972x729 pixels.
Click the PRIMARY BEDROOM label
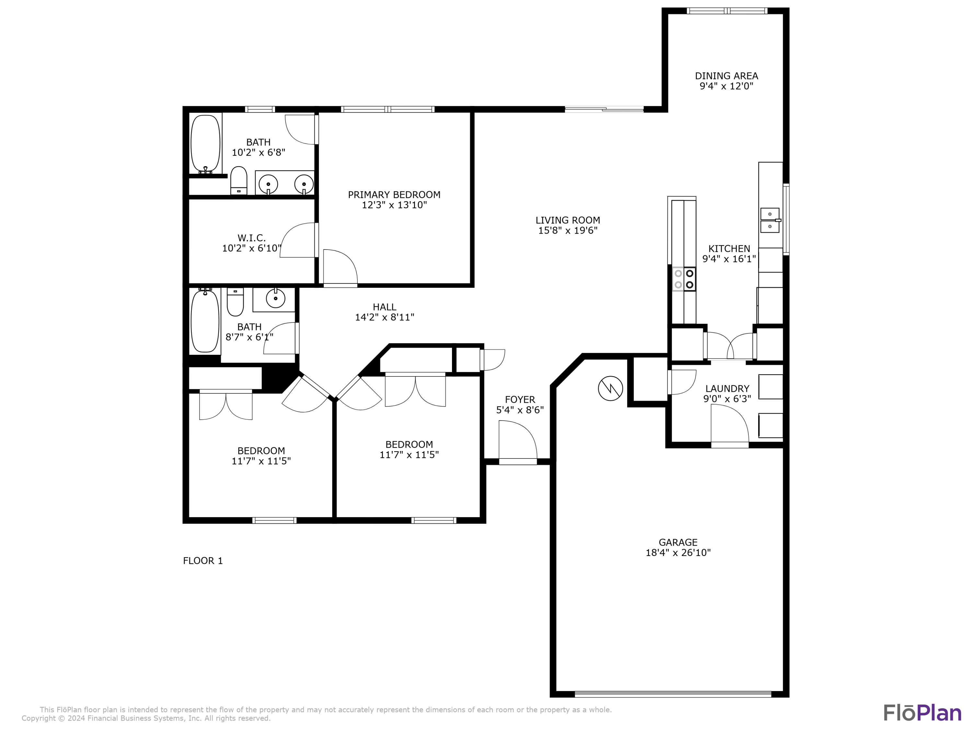[394, 195]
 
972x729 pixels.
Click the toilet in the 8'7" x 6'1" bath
[235, 302]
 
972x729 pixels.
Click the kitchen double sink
[770, 220]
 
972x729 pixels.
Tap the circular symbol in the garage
[610, 388]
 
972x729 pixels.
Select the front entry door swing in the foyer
[518, 440]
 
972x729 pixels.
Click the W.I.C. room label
[251, 238]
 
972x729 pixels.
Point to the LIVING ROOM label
[568, 220]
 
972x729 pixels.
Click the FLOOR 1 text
[202, 561]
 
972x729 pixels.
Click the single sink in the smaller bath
[275, 299]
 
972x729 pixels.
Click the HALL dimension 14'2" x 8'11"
[385, 317]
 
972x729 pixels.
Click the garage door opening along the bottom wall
[673, 695]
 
